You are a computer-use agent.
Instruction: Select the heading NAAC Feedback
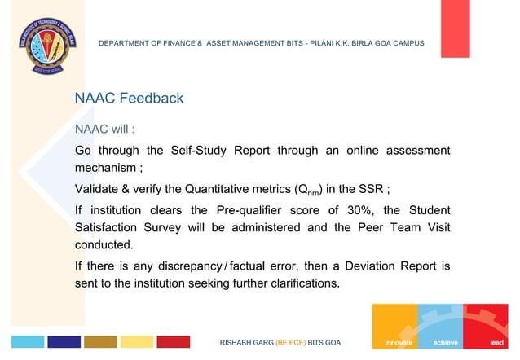click(129, 99)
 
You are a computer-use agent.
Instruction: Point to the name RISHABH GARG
click(247, 343)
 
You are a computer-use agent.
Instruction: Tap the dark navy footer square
click(64, 342)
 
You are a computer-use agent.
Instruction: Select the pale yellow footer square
click(137, 342)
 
